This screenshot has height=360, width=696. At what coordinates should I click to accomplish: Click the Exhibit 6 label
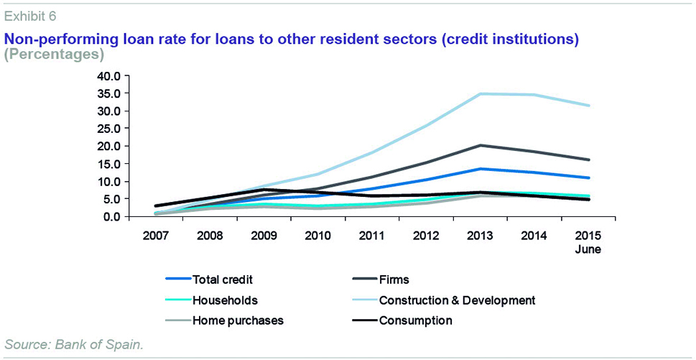tap(31, 15)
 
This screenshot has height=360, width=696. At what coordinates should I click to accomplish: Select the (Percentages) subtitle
tap(55, 54)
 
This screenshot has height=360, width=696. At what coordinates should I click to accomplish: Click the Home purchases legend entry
tap(238, 320)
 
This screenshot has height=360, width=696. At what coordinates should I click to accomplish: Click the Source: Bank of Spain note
tap(74, 344)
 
